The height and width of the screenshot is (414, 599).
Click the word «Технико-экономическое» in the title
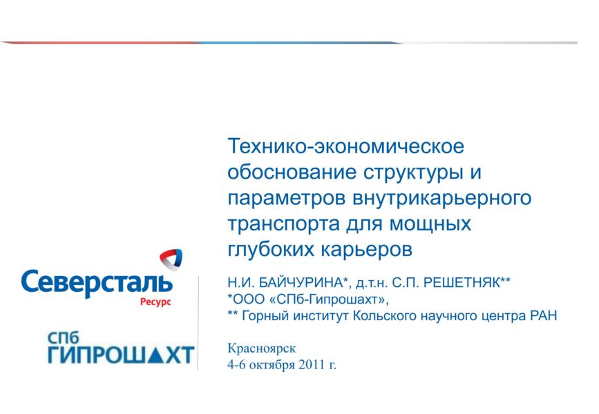(346, 146)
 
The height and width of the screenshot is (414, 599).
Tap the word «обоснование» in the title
(292, 172)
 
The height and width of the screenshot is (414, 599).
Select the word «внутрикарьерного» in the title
(441, 199)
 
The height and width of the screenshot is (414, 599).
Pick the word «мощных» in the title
(430, 224)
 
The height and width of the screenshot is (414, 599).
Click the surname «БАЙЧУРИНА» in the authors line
(301, 283)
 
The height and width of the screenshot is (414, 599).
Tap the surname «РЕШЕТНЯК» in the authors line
(462, 283)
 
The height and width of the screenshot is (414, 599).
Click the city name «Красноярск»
(262, 348)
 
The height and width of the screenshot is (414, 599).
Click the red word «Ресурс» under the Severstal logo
(155, 302)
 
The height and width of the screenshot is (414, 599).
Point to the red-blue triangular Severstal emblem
(171, 259)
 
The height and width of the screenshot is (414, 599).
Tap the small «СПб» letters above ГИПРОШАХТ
(63, 337)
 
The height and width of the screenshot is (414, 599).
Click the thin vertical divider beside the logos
(198, 323)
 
